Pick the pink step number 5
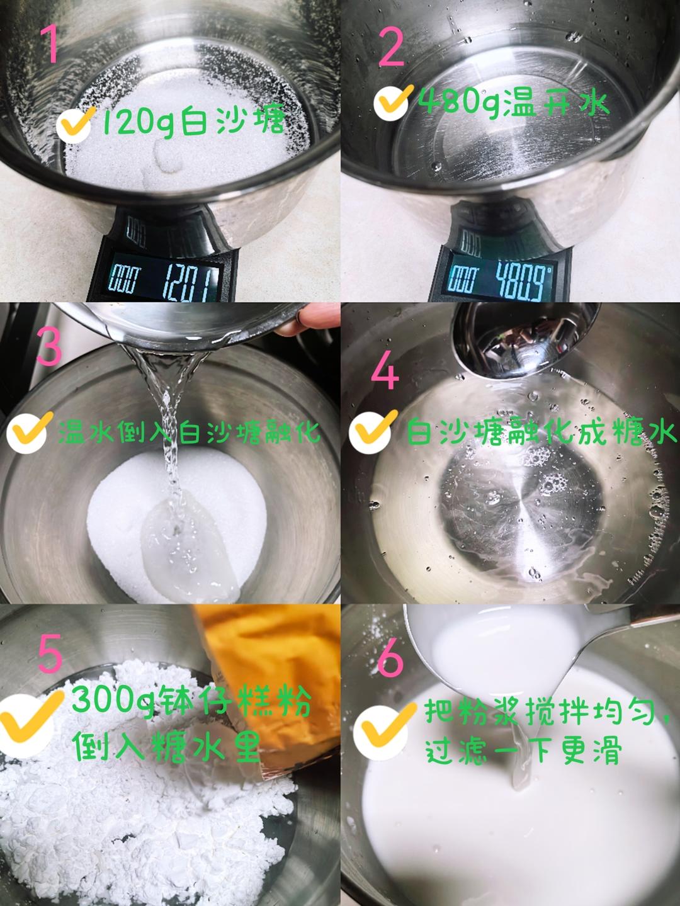(x=49, y=647)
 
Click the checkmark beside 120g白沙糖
(x=75, y=123)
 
